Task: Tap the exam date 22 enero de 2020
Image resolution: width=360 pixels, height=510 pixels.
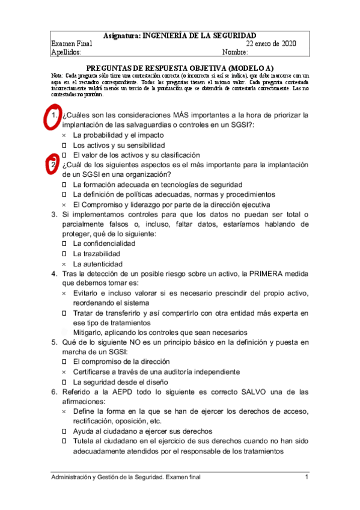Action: click(x=271, y=44)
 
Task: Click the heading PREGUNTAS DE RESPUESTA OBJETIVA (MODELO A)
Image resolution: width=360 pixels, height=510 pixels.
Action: click(x=180, y=68)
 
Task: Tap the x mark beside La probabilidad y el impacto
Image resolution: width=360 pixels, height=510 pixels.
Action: click(x=64, y=135)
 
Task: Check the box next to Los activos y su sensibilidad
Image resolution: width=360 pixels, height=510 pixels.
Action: click(x=64, y=146)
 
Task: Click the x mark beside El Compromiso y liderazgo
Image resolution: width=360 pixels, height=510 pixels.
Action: click(x=64, y=204)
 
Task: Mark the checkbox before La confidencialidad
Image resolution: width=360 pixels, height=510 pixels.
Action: click(x=64, y=244)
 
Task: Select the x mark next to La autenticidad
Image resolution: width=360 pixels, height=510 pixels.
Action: click(x=64, y=264)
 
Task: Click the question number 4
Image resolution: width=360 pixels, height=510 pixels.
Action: click(x=53, y=274)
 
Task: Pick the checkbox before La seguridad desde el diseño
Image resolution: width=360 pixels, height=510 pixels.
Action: click(x=64, y=382)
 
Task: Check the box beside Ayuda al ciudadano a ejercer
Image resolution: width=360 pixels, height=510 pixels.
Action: click(x=64, y=431)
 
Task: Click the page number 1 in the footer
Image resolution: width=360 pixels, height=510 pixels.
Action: click(x=307, y=477)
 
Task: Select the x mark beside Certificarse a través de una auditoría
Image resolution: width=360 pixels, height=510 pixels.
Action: click(x=64, y=372)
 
